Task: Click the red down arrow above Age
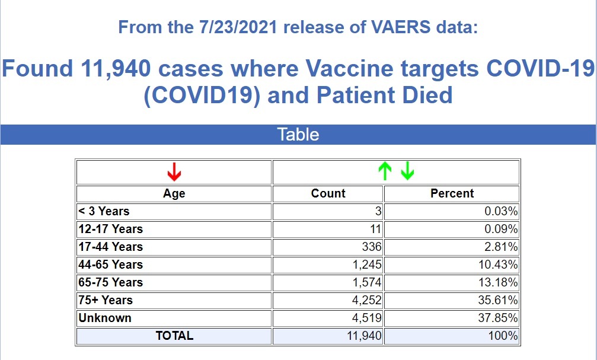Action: (174, 172)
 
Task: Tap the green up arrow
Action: (385, 171)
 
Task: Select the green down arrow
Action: (407, 171)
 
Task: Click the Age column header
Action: (174, 193)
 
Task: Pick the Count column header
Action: (328, 193)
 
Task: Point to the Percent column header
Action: (452, 193)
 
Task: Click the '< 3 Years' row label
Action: (104, 211)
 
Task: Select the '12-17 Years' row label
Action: (110, 229)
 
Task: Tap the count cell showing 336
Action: (372, 247)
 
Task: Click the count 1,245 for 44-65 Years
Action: (367, 265)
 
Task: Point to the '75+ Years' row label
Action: (106, 300)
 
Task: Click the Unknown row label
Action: (105, 318)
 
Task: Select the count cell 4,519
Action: (367, 318)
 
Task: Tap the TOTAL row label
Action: (174, 336)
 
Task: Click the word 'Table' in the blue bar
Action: (298, 135)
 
